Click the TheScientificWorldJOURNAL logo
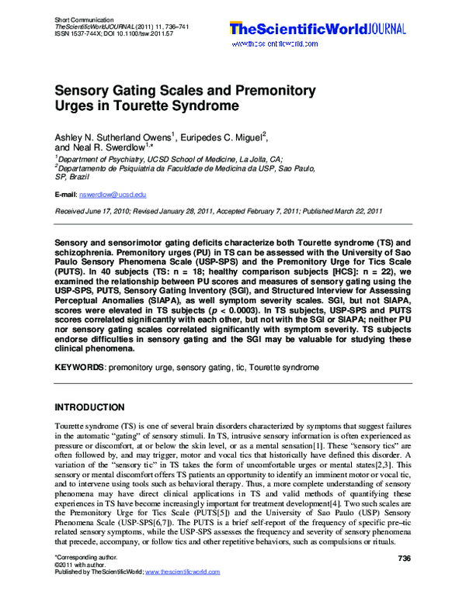click(x=318, y=29)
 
